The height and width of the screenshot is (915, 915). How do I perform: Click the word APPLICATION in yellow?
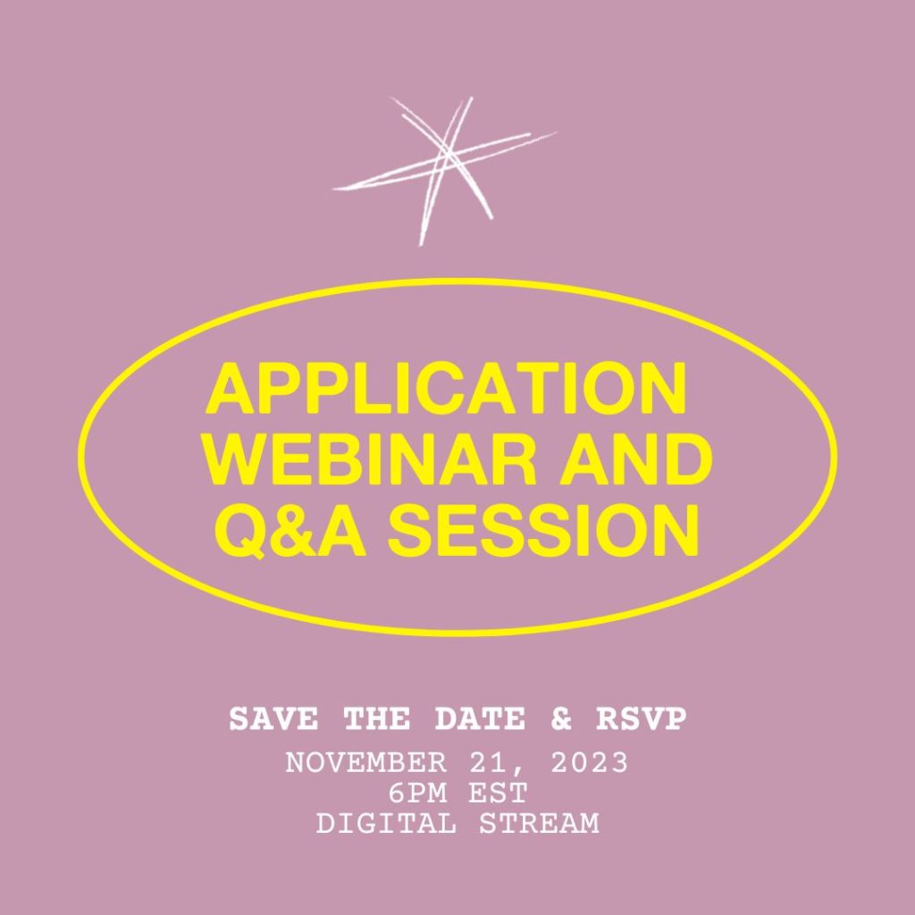pyautogui.click(x=446, y=388)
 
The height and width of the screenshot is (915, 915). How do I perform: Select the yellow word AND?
pyautogui.click(x=636, y=459)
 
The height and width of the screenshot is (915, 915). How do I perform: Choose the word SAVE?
pyautogui.click(x=273, y=719)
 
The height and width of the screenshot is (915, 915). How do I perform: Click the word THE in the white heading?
pyautogui.click(x=377, y=719)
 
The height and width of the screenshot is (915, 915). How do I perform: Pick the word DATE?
pyautogui.click(x=480, y=719)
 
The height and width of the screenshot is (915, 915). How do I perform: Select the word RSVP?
pyautogui.click(x=642, y=719)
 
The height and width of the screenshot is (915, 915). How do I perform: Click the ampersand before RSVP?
pyautogui.click(x=561, y=719)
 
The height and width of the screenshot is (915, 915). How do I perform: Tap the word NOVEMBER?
pyautogui.click(x=365, y=763)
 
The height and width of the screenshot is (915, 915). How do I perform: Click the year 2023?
pyautogui.click(x=590, y=763)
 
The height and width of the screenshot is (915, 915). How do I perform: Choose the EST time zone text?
pyautogui.click(x=499, y=793)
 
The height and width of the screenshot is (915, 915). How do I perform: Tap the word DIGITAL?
pyautogui.click(x=386, y=824)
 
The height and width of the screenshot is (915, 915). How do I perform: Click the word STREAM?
pyautogui.click(x=539, y=824)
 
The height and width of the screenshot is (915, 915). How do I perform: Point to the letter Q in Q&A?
pyautogui.click(x=240, y=533)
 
